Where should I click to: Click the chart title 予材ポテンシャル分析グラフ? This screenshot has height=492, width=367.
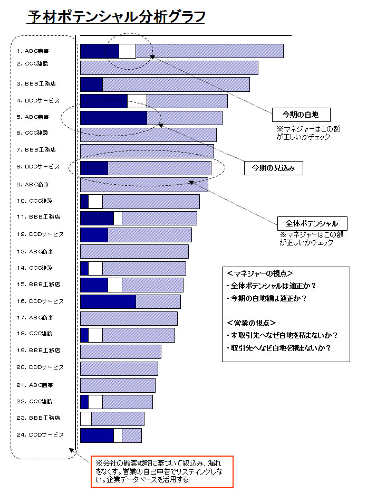click(x=116, y=17)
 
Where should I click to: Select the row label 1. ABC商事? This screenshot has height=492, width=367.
click(x=33, y=51)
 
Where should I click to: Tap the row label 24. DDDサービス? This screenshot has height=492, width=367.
click(x=40, y=435)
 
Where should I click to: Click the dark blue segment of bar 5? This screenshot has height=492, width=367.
click(x=113, y=118)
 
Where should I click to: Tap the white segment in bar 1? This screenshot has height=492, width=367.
click(x=127, y=51)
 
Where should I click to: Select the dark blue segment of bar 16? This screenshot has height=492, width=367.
click(x=108, y=301)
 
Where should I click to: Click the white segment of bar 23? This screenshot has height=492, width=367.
click(x=85, y=419)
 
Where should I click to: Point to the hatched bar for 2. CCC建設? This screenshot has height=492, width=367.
click(x=169, y=68)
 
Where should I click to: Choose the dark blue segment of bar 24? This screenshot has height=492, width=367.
click(x=96, y=436)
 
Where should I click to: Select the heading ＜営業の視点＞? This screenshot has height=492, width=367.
click(x=252, y=323)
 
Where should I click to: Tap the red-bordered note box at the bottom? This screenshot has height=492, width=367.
click(x=161, y=471)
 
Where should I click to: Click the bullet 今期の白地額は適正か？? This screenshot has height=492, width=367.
click(x=266, y=298)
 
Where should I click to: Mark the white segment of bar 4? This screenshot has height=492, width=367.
click(x=137, y=101)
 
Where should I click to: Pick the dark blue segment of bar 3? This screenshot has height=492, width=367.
click(x=91, y=84)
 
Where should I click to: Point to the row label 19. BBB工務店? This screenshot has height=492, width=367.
click(x=37, y=351)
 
